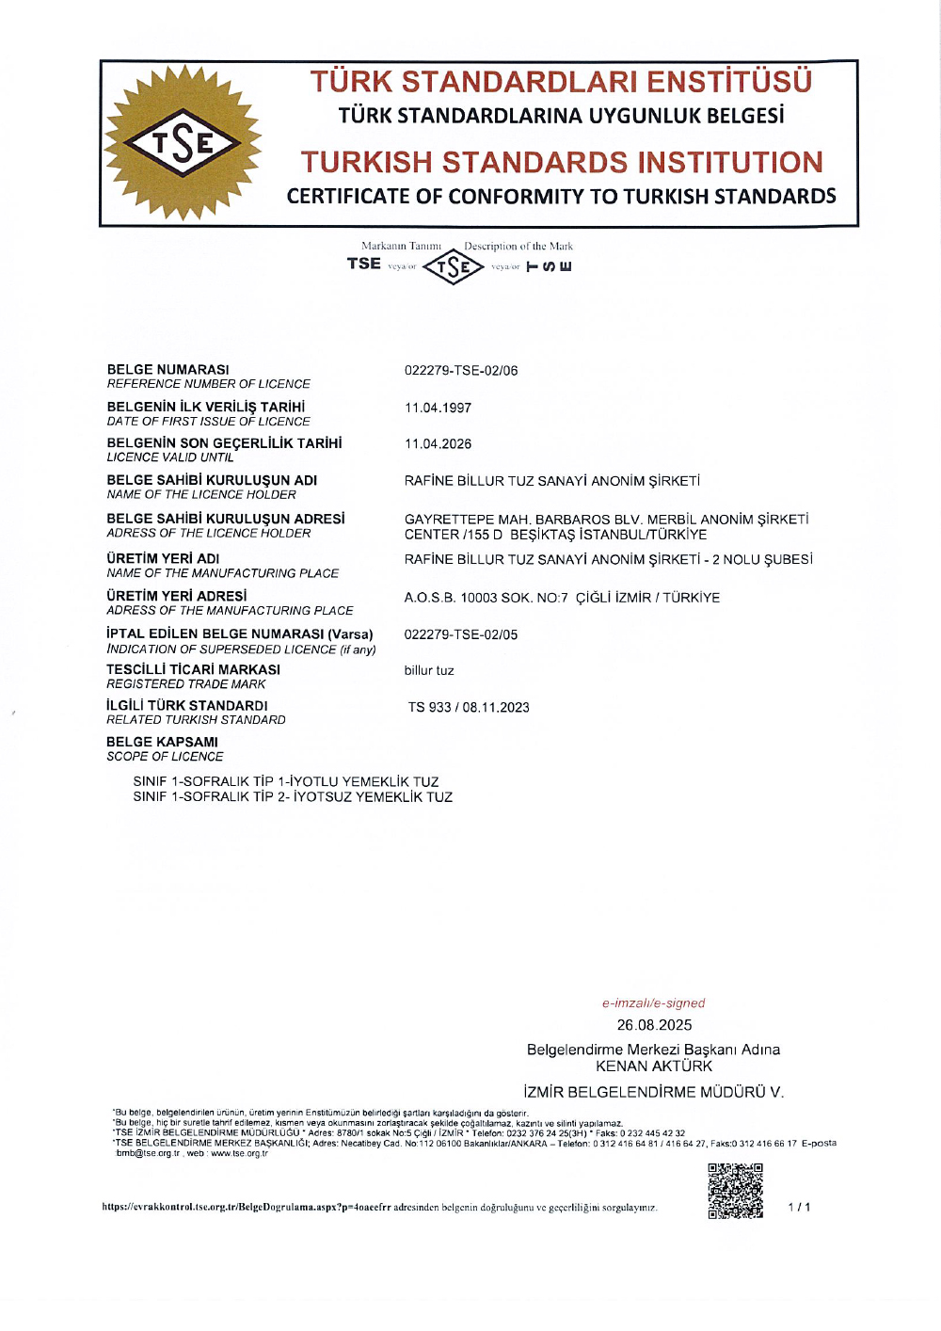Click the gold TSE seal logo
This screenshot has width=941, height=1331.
(183, 143)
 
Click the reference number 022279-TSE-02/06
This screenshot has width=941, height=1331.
(461, 371)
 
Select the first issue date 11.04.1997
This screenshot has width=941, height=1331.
(438, 408)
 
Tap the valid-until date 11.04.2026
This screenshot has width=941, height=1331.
(438, 444)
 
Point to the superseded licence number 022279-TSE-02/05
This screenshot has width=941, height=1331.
(461, 634)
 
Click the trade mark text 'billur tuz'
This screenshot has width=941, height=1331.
(429, 671)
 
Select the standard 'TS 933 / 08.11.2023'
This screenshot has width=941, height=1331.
(469, 708)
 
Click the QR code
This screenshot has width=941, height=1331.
(735, 1191)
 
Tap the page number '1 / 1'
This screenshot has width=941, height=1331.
(799, 1207)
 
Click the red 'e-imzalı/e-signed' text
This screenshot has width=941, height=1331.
(653, 1003)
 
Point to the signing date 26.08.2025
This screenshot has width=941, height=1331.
(654, 1025)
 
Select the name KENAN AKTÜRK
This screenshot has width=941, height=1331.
(654, 1066)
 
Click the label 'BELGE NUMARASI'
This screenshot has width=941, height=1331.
(167, 370)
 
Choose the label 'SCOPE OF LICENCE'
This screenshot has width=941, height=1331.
(165, 757)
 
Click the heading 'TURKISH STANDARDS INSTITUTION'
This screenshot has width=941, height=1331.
(562, 163)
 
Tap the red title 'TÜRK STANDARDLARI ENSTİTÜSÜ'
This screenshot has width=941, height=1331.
(562, 82)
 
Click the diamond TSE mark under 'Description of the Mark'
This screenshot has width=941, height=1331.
(453, 267)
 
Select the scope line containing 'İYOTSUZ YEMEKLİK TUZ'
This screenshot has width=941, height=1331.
(293, 797)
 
